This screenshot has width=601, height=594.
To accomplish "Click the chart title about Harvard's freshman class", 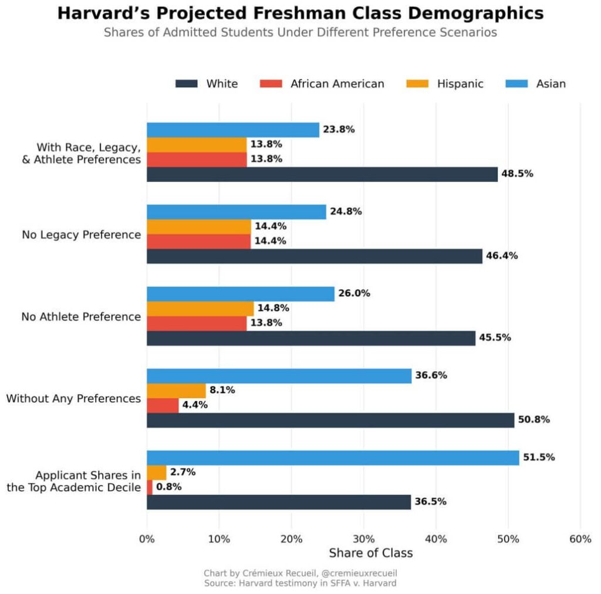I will coord(300,13).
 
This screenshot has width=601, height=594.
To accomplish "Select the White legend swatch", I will coord(186,84).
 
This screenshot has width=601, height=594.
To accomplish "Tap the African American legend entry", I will coord(337,84).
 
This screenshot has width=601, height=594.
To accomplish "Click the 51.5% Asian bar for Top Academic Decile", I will coord(333,457).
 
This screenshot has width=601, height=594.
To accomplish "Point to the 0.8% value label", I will coord(168,487).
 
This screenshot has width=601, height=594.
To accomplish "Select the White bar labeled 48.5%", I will coord(322,174).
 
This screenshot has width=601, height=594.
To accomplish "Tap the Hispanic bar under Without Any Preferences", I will coord(176,390).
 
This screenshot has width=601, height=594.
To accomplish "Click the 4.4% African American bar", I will coord(163,405).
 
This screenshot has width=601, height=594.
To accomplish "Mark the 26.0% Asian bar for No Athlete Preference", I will coord(240,294).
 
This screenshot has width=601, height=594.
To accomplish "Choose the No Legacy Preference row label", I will coord(82,235).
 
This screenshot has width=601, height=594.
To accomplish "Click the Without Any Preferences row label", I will coord(73,399).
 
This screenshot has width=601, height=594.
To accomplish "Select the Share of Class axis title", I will coord(370,553).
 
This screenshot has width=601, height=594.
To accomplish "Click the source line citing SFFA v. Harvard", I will coord(300,583).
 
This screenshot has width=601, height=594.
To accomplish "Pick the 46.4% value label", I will coord(501,256).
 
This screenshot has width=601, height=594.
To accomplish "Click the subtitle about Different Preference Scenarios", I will coord(300,32).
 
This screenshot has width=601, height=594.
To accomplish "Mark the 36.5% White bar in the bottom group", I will coord(278,502).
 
